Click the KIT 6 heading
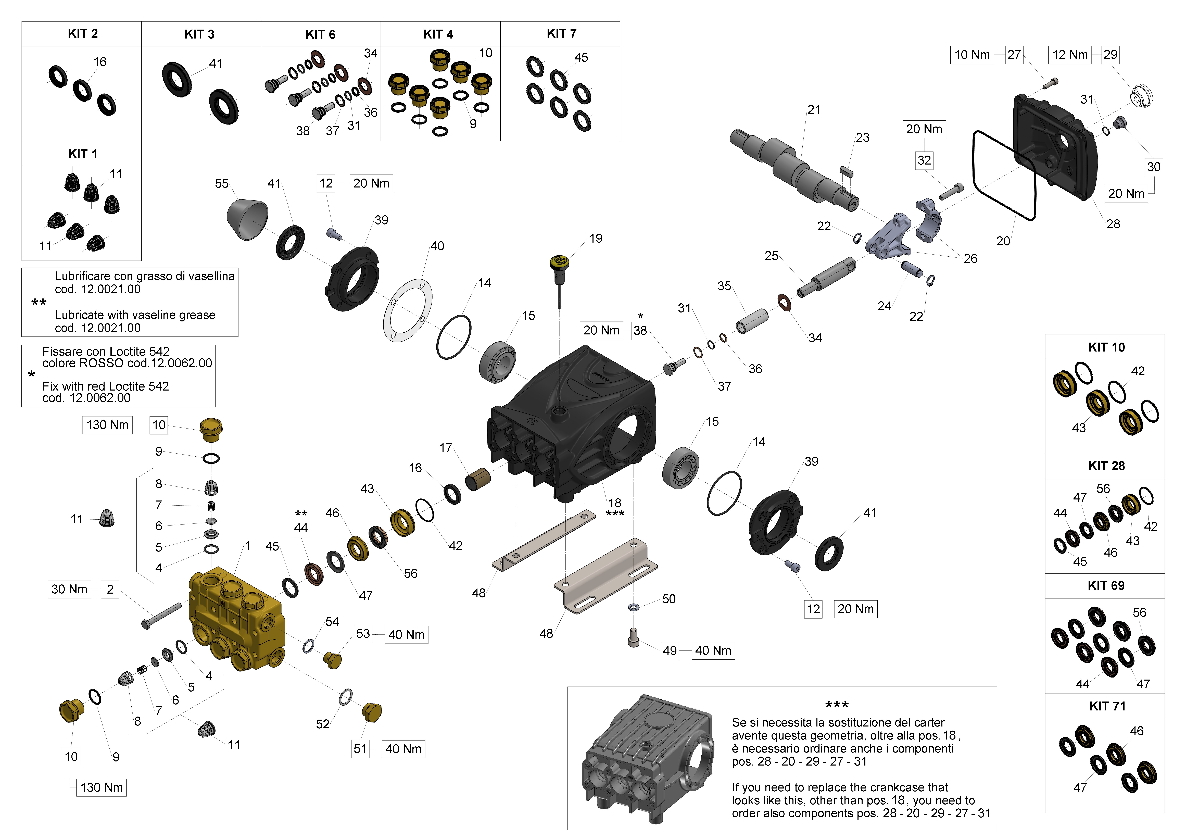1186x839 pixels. point(320,35)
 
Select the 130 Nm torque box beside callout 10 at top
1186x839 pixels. point(107,425)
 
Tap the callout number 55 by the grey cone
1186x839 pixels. point(222,183)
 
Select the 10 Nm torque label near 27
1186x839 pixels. point(972,55)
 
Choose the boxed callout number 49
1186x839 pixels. point(670,650)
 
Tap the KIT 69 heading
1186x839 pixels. point(1106,585)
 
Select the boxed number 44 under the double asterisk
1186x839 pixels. point(301,528)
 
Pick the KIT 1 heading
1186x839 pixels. point(83,154)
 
